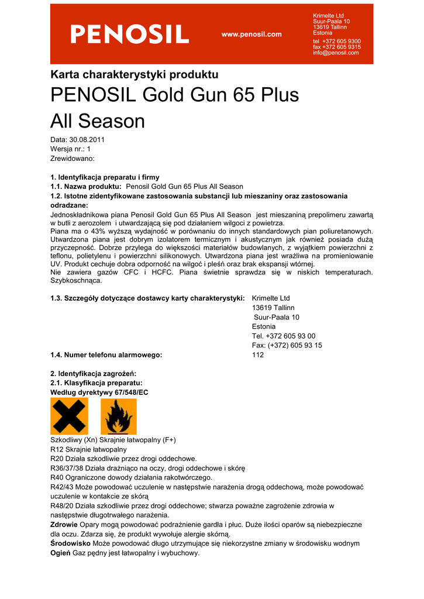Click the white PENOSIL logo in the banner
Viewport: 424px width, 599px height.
pos(129,34)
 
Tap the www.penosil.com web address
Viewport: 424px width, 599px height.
pos(251,35)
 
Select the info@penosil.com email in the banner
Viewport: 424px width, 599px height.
pos(336,53)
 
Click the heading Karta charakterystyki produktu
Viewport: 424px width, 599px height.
pos(135,75)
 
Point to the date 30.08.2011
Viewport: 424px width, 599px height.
pos(87,140)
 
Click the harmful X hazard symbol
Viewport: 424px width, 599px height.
pos(69,416)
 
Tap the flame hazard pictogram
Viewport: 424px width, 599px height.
pos(119,416)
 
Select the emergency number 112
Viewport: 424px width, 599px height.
pos(258,354)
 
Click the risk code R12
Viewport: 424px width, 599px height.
pos(57,449)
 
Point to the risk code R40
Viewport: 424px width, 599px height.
pos(57,477)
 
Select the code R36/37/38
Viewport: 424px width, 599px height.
pos(67,468)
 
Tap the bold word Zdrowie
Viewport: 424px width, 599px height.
pos(64,525)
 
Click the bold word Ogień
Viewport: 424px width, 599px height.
pos(60,553)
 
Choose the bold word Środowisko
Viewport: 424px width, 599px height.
pos(71,543)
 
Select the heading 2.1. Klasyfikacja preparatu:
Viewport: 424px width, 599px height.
pos(96,383)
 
